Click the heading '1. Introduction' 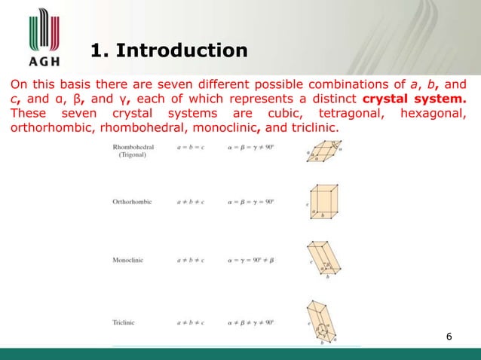pos(168,51)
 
